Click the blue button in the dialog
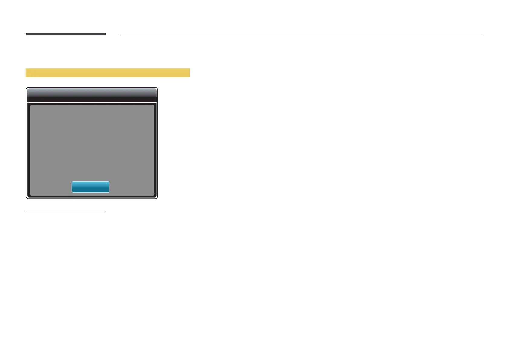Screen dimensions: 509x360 coord(90,187)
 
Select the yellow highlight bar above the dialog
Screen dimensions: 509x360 coord(108,73)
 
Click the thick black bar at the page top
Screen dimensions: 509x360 coord(66,34)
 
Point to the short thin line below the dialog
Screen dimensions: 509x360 coord(66,211)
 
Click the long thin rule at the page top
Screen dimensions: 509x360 coord(301,34)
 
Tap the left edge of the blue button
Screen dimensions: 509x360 coord(72,187)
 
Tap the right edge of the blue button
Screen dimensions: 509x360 coord(109,187)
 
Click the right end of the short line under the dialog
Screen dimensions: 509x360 coord(105,211)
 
